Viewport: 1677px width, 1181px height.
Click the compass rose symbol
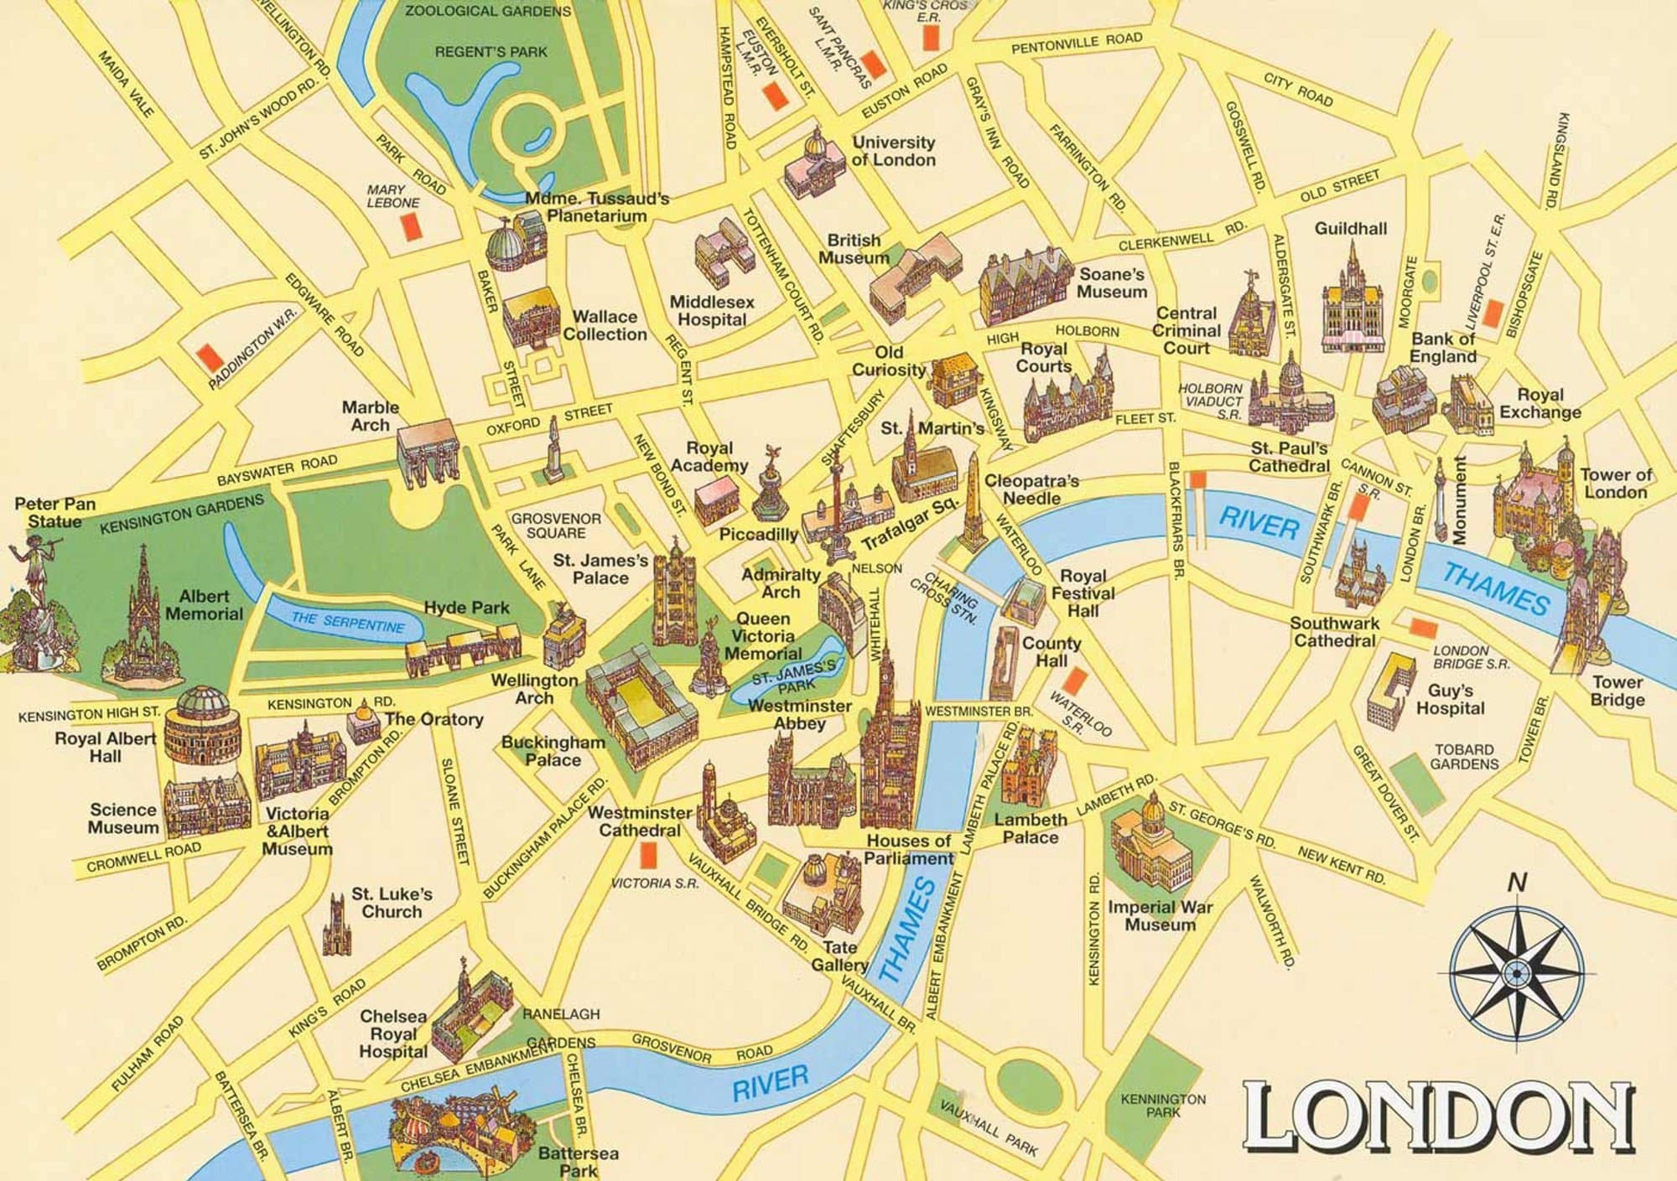pos(1515,971)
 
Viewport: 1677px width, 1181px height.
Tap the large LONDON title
pos(1437,1119)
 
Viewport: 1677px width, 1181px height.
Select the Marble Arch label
pos(370,416)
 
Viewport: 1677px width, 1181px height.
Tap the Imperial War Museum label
pos(1160,915)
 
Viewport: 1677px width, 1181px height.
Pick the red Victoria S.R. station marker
pos(646,855)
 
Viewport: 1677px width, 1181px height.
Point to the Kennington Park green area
pos(1163,1105)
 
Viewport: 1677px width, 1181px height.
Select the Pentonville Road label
pos(1077,43)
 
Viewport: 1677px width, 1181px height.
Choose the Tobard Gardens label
pos(1464,756)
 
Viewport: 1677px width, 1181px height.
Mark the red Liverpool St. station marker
pos(1493,314)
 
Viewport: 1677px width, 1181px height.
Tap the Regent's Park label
pos(491,52)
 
